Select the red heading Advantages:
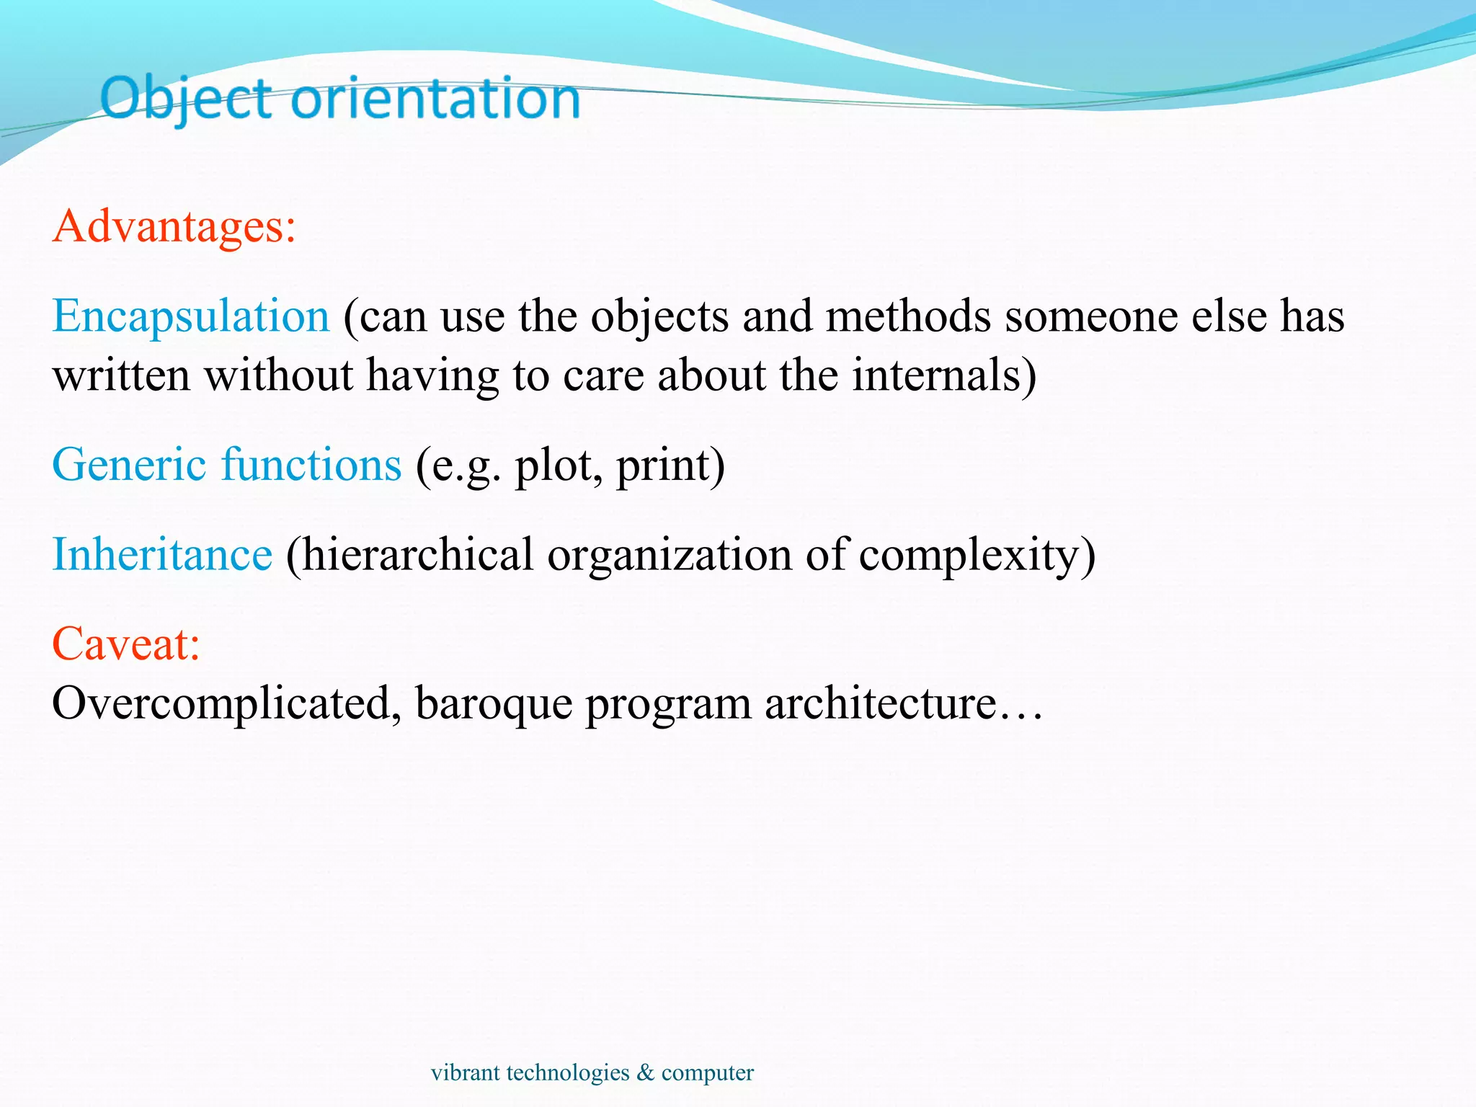[x=174, y=226]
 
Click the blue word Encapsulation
[x=191, y=316]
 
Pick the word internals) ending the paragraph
[x=944, y=375]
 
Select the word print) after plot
[x=670, y=466]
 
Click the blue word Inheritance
[x=162, y=554]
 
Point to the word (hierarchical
[x=409, y=554]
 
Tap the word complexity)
[x=977, y=556]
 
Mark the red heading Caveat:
[x=125, y=644]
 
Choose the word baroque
[x=494, y=703]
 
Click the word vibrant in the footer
[x=465, y=1072]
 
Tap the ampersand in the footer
[x=646, y=1072]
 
